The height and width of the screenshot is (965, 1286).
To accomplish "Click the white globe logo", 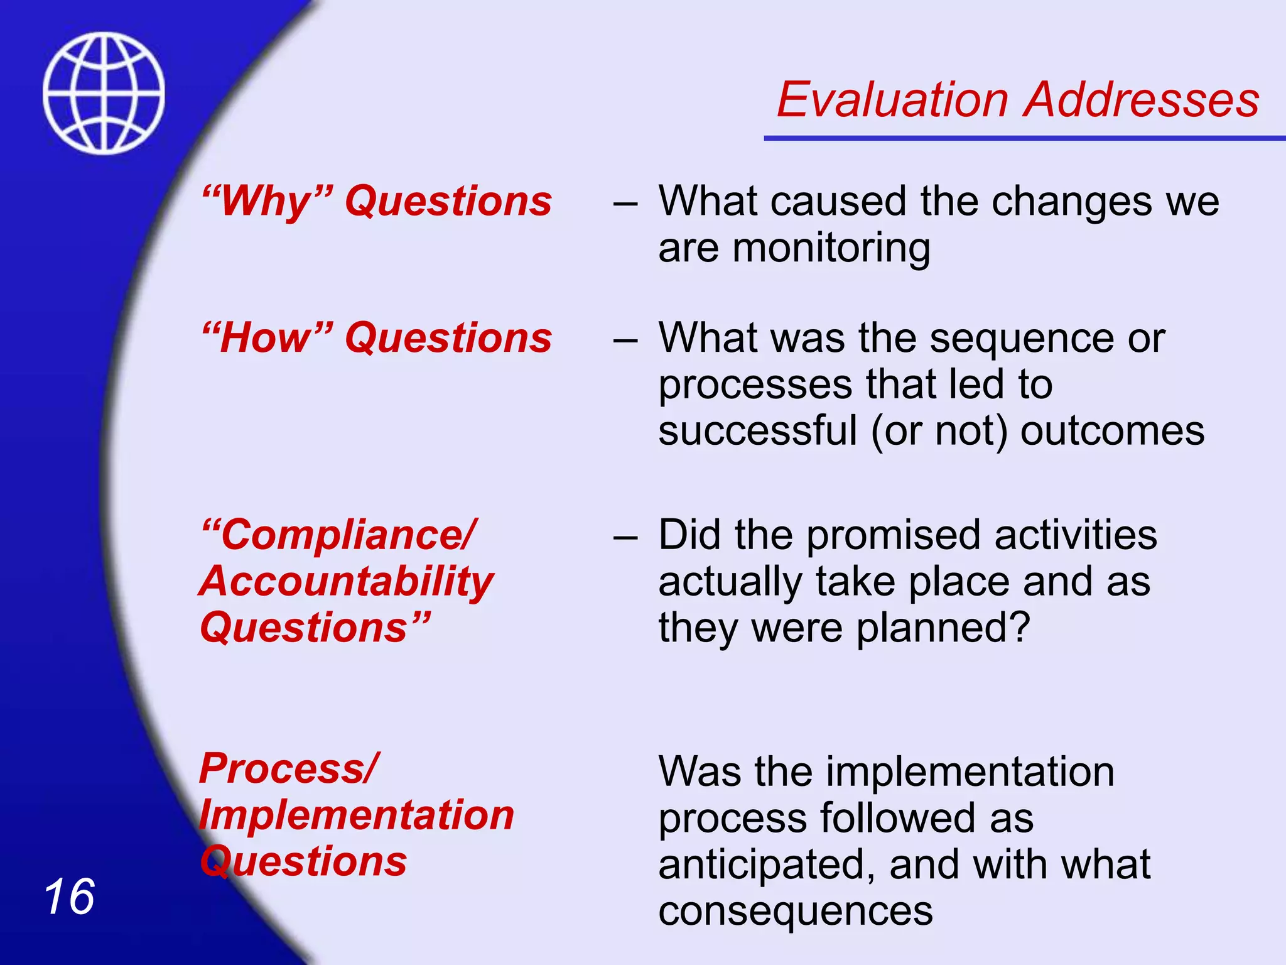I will click(104, 93).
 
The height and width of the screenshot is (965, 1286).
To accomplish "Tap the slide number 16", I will click(69, 897).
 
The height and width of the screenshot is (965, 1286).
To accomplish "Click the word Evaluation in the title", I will click(892, 100).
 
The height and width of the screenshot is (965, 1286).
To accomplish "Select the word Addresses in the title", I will click(1141, 100).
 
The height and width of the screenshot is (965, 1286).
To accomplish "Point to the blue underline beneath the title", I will click(1024, 138).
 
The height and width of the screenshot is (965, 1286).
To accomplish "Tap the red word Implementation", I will click(357, 815).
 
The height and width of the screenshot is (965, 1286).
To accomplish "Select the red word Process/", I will click(289, 768).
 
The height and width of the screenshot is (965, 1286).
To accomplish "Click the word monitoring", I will click(831, 248).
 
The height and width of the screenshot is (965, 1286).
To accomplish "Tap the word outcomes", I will click(1112, 431).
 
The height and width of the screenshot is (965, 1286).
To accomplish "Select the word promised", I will click(892, 535).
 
